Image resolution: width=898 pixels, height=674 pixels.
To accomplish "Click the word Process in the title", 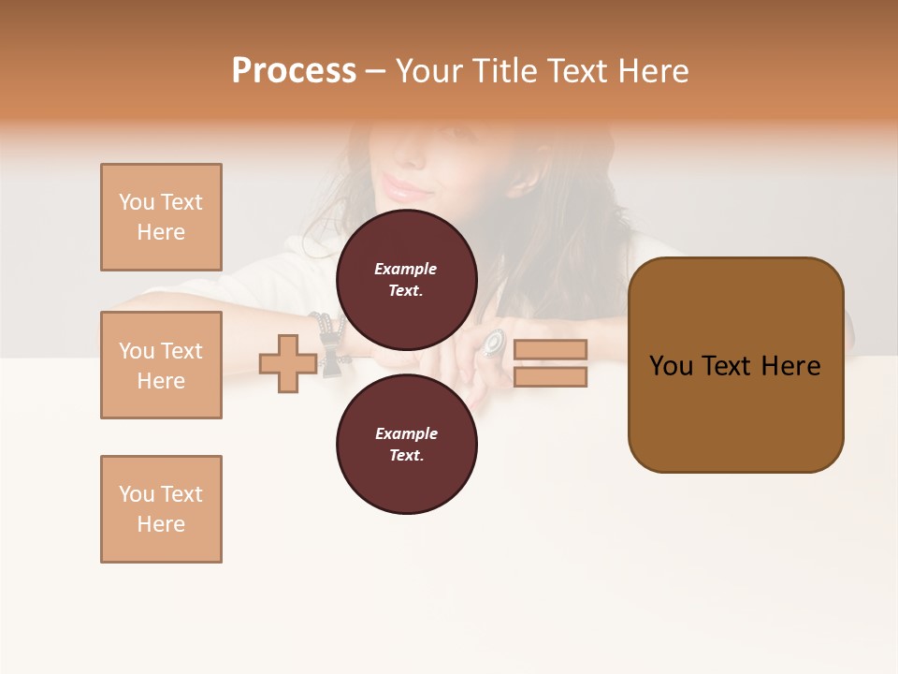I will (x=294, y=71).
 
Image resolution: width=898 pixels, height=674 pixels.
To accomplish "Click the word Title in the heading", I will (x=498, y=71).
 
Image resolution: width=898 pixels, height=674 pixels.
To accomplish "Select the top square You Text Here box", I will (x=161, y=217).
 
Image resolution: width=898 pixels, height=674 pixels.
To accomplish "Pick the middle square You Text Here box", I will (x=161, y=365).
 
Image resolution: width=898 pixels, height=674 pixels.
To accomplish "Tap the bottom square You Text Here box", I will (x=161, y=509).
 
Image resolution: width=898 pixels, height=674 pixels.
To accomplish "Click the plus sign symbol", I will (x=288, y=363).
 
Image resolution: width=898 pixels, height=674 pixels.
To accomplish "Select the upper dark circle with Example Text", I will (x=407, y=279).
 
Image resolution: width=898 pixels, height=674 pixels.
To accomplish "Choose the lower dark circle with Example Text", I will (x=407, y=444).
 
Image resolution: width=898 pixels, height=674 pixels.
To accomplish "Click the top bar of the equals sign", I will (x=550, y=349).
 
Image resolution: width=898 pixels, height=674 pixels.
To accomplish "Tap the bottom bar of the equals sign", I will (x=550, y=376).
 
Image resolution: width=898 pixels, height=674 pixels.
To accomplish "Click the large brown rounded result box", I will (x=735, y=365).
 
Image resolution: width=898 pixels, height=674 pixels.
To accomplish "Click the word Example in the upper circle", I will (x=406, y=269).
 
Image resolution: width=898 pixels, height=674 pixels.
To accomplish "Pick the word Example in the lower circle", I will (x=406, y=433).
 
